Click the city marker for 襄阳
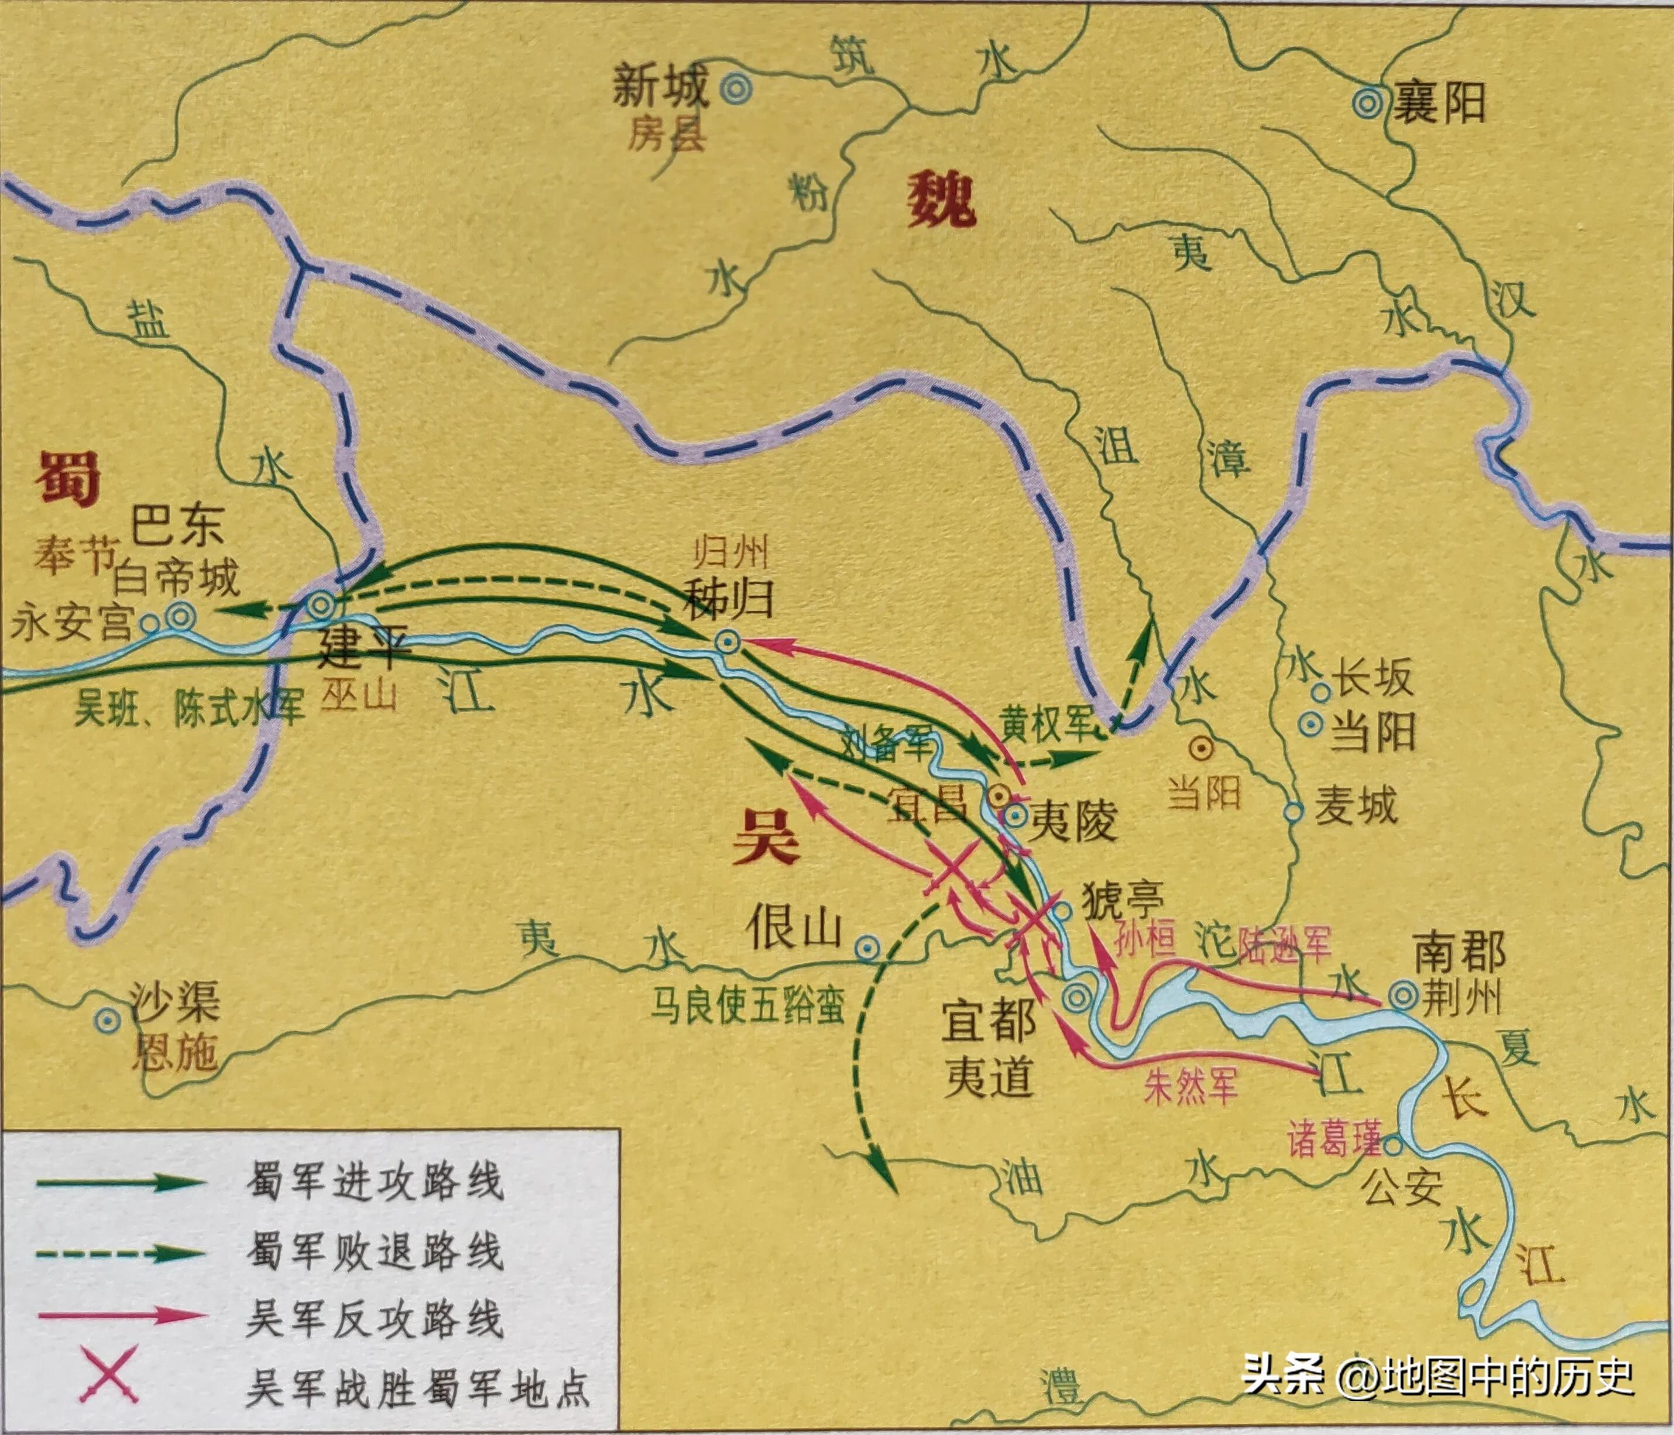1368,104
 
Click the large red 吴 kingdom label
766,837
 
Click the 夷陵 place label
1073,822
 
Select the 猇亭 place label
1123,898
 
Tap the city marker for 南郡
1402,995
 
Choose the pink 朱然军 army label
1190,1086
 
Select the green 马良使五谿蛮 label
747,1007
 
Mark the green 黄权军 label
1047,723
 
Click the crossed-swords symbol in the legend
108,1374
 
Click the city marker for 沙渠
107,1021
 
